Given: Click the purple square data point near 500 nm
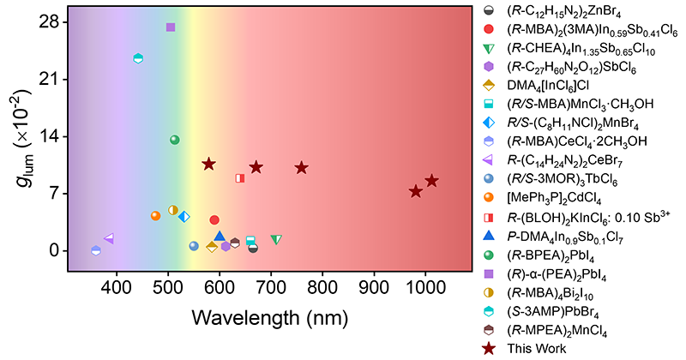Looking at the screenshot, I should [171, 27].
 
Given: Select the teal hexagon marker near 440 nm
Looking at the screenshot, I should [138, 58].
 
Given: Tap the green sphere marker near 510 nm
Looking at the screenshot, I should [175, 140].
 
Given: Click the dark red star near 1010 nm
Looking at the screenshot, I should [431, 181].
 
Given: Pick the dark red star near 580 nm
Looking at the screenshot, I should [208, 164].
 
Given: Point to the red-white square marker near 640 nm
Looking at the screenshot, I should [240, 178].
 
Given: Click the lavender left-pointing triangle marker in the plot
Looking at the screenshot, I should [108, 238].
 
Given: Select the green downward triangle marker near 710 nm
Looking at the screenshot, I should [276, 240].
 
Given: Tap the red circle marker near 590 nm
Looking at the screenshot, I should [214, 220].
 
